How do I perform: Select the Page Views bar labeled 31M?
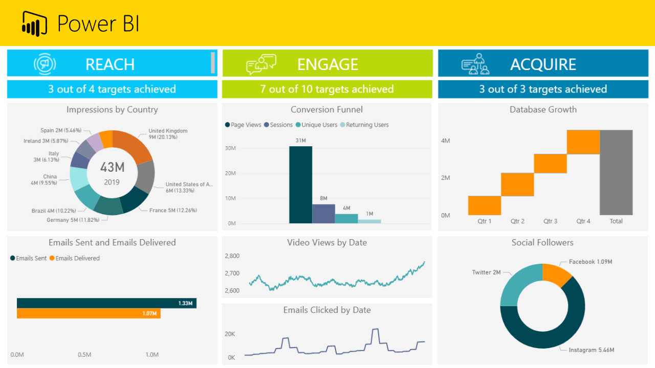click(x=300, y=185)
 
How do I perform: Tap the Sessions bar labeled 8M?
click(x=323, y=214)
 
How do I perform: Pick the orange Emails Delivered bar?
click(x=89, y=313)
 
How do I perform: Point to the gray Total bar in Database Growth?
click(x=616, y=172)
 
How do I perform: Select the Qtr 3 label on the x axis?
click(x=550, y=221)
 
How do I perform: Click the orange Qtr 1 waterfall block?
click(x=484, y=205)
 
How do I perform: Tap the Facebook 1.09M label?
click(x=591, y=262)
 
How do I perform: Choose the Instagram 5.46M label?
click(x=592, y=350)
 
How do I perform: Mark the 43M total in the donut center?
click(x=112, y=167)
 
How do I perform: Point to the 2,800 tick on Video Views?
click(x=232, y=256)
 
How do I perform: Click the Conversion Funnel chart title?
click(x=326, y=109)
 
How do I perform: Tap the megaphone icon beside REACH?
click(x=45, y=64)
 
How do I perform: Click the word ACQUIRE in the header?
click(x=543, y=64)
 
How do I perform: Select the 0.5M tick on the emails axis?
click(x=84, y=355)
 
